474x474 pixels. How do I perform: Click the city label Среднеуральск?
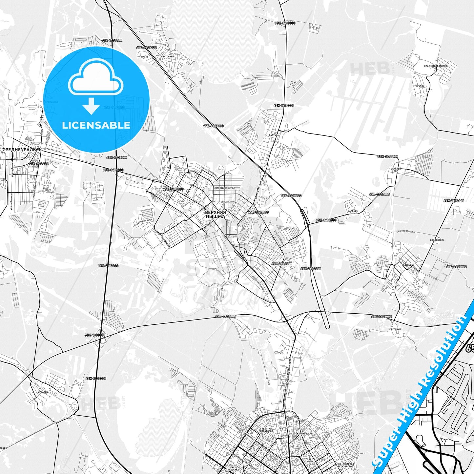click(x=22, y=150)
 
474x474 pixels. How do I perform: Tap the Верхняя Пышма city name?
click(x=215, y=215)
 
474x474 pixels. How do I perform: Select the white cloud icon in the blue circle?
click(x=95, y=77)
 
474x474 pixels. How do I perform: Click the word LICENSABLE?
click(x=96, y=125)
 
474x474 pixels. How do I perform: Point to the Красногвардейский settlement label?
click(x=436, y=66)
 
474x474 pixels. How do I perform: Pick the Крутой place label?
click(x=420, y=86)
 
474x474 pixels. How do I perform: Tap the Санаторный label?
click(x=166, y=56)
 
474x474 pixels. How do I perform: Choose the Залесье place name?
click(x=353, y=211)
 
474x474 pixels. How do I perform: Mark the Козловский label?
click(x=437, y=240)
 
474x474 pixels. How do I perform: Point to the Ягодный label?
click(x=396, y=329)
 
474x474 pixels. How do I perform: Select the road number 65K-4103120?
click(x=146, y=48)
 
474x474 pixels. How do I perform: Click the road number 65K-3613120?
click(x=387, y=156)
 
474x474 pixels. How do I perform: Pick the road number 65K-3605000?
click(x=456, y=267)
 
